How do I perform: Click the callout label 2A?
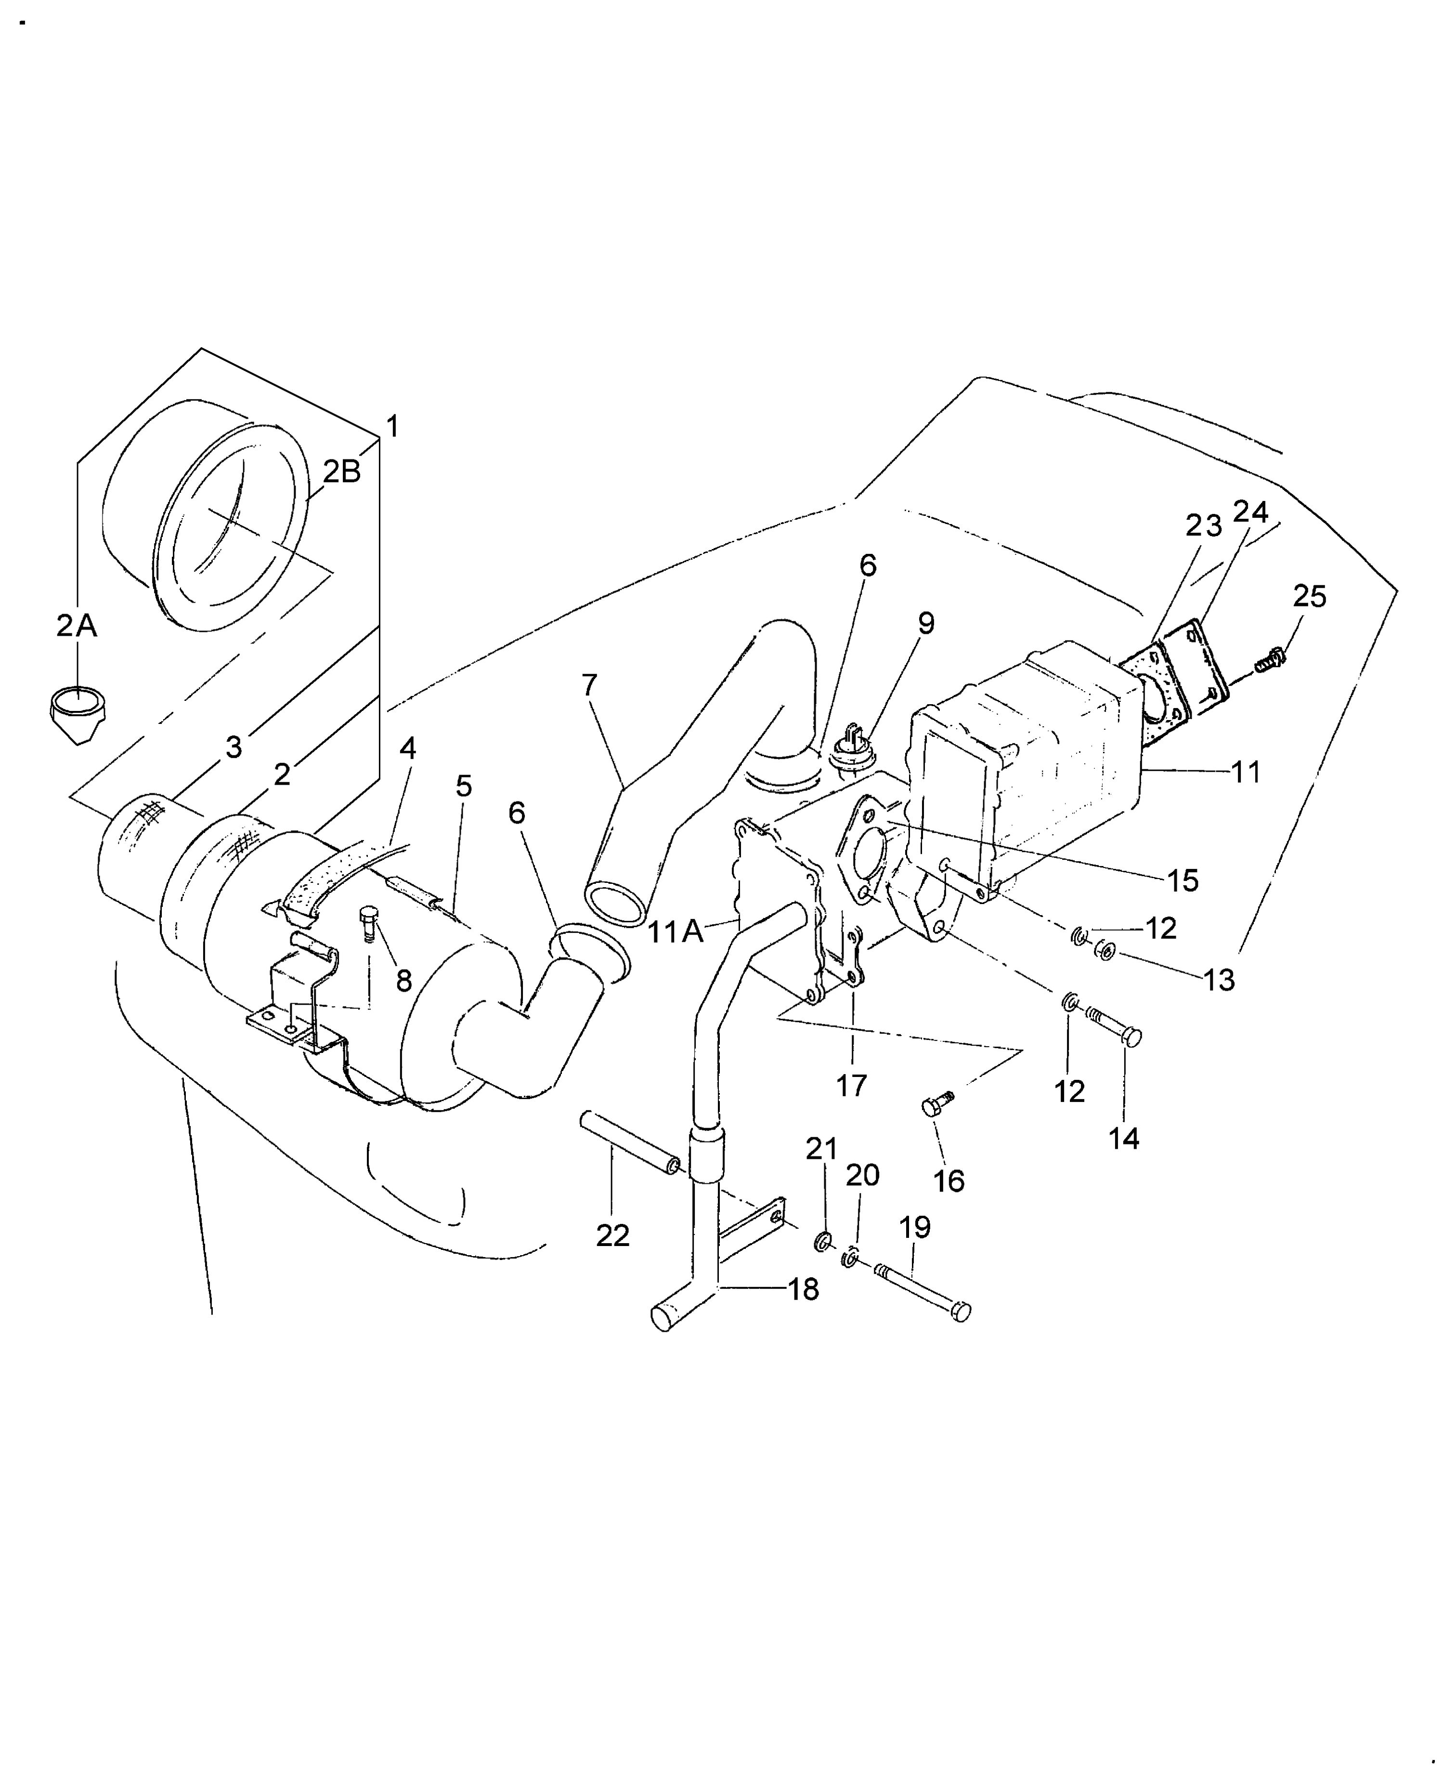(77, 626)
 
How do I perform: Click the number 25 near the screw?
(1309, 596)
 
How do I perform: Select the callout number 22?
(612, 1235)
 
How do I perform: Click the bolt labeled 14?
(1117, 1027)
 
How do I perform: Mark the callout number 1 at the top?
(391, 426)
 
